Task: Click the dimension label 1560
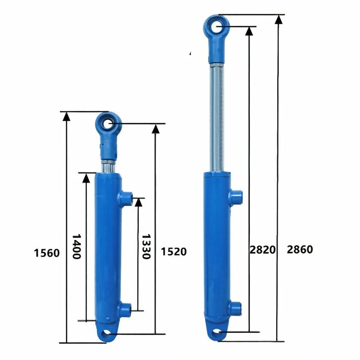[47, 253]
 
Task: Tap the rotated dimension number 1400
[76, 246]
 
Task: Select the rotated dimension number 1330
[146, 246]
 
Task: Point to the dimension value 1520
[174, 251]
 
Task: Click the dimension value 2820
[262, 250]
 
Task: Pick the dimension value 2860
[300, 249]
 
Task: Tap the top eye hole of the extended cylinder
[217, 26]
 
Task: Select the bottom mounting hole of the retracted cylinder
[106, 333]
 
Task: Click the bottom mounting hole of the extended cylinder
[216, 332]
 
